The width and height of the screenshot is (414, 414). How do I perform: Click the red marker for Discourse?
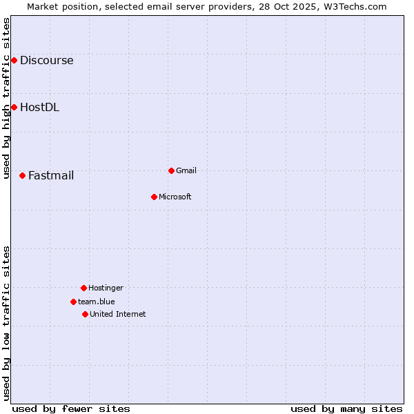pyautogui.click(x=14, y=61)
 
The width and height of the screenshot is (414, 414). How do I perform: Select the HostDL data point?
pyautogui.click(x=14, y=107)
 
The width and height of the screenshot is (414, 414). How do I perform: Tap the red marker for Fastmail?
pyautogui.click(x=22, y=175)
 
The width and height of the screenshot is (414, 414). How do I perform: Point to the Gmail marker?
pyautogui.click(x=171, y=170)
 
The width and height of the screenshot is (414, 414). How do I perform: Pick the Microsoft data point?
pyautogui.click(x=154, y=197)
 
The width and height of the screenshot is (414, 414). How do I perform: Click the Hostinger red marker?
pyautogui.click(x=83, y=288)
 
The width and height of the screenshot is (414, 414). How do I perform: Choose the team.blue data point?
pyautogui.click(x=73, y=302)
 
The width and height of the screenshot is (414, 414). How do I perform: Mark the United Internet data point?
pyautogui.click(x=85, y=314)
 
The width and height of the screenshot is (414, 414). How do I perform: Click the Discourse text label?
pyautogui.click(x=46, y=61)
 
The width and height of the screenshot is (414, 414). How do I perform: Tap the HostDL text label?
pyautogui.click(x=39, y=107)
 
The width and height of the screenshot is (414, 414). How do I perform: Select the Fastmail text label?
pyautogui.click(x=51, y=175)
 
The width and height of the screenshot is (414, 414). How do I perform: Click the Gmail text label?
pyautogui.click(x=186, y=170)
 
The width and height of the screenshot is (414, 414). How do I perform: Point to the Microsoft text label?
pyautogui.click(x=175, y=197)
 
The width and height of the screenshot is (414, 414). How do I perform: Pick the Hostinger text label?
pyautogui.click(x=106, y=288)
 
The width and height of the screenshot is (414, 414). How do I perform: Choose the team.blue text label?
pyautogui.click(x=97, y=302)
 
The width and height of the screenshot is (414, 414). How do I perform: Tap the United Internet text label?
pyautogui.click(x=118, y=314)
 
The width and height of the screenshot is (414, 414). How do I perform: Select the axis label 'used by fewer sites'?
pyautogui.click(x=71, y=408)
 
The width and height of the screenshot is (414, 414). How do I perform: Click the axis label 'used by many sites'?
pyautogui.click(x=346, y=408)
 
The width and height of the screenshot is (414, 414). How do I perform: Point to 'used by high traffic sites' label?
pyautogui.click(x=6, y=98)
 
